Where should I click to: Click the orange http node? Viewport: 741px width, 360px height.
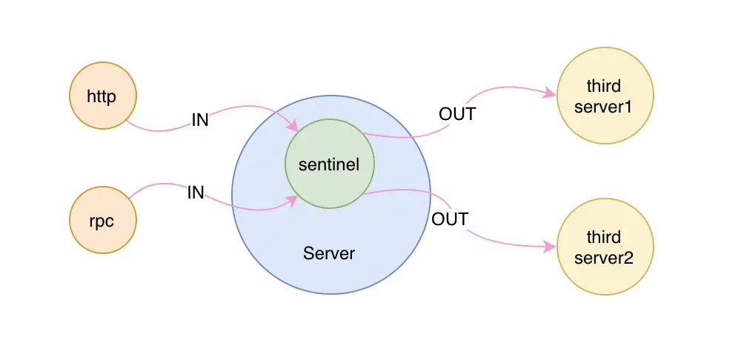[x=102, y=96]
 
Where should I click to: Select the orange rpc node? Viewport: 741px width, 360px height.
[x=102, y=220]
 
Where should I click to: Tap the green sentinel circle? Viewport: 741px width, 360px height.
[x=330, y=164]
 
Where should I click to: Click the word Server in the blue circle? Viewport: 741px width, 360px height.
[x=329, y=253]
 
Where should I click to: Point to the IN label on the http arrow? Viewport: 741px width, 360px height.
[x=200, y=120]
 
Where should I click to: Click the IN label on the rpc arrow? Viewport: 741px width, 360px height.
[x=196, y=193]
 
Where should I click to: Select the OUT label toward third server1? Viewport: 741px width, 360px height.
[x=457, y=114]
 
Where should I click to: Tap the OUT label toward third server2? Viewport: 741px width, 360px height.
[x=450, y=219]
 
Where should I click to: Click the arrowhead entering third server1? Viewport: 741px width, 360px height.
[x=550, y=93]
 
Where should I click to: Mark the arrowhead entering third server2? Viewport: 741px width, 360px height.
[x=550, y=247]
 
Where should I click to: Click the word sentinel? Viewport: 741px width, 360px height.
[x=329, y=165]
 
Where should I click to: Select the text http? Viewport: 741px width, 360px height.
[x=102, y=96]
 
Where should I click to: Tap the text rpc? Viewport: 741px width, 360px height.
[x=102, y=221]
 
